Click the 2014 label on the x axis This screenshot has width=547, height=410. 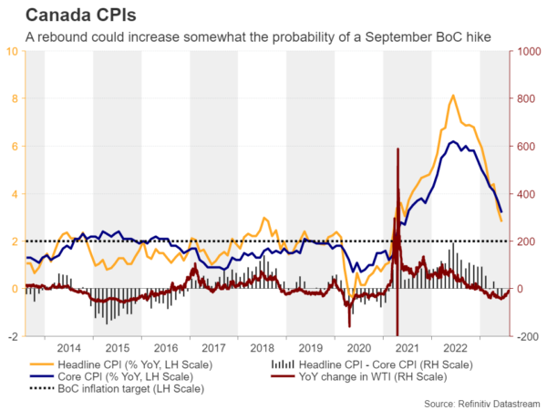tap(68, 347)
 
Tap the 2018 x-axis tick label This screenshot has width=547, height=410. tap(262, 347)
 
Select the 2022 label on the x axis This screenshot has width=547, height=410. tap(456, 347)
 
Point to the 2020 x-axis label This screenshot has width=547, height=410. tap(359, 347)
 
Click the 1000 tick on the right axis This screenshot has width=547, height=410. tap(529, 51)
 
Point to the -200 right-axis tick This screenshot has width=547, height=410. tap(526, 336)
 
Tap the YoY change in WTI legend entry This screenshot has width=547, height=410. tap(359, 376)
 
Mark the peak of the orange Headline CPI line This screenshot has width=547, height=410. tap(453, 95)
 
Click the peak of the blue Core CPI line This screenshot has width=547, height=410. tap(452, 141)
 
